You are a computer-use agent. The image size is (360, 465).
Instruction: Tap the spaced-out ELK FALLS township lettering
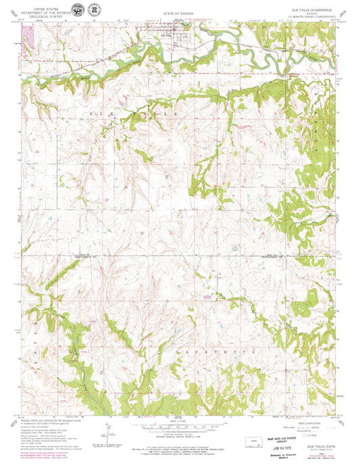click(135, 115)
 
